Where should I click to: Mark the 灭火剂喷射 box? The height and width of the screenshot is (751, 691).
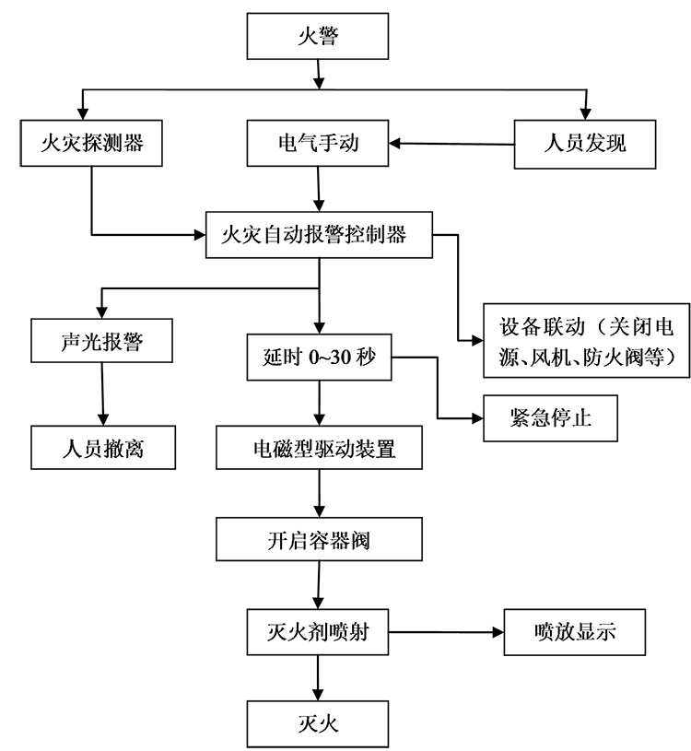318,632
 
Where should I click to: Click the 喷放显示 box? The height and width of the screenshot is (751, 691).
574,632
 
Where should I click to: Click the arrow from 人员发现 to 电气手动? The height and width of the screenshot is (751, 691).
451,144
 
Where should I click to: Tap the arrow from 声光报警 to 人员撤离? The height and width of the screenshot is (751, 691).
101,395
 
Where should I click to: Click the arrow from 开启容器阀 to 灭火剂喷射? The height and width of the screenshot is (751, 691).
318,585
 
